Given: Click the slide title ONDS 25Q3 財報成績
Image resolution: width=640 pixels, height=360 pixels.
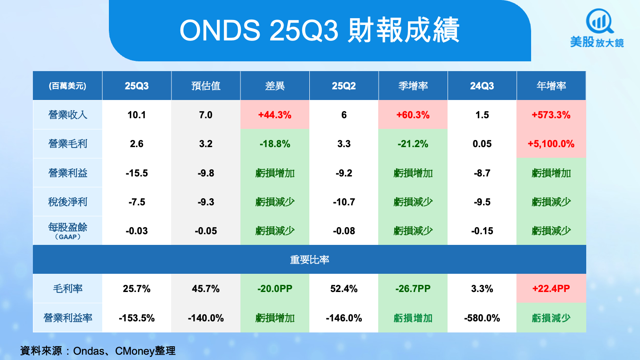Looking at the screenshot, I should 320,31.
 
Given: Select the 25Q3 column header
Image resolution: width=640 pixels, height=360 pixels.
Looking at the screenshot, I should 136,86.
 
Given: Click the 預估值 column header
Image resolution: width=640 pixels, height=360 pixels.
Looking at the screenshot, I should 206,86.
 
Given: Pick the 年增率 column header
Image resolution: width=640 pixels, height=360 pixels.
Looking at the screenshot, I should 551,86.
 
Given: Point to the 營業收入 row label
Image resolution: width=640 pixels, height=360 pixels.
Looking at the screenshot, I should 68,115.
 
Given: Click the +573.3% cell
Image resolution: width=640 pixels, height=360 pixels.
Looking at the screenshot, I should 551,115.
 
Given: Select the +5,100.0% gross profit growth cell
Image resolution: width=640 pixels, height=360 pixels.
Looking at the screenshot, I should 551,144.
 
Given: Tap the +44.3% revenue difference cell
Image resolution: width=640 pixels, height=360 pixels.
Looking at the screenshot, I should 275,115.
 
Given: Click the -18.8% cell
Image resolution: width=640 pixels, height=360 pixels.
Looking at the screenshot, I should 275,144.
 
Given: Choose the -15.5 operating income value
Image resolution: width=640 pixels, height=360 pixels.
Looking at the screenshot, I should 136,173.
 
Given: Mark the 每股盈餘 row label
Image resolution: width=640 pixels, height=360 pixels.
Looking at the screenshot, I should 68,228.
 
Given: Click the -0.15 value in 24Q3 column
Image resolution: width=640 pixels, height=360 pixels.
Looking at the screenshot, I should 482,231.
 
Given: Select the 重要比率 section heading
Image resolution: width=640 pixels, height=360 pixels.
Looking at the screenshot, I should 309,260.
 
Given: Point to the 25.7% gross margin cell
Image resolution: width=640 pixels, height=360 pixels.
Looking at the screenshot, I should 136,289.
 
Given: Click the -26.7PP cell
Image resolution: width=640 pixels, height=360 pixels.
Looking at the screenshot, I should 413,289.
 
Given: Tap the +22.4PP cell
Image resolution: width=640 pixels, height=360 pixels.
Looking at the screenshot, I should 551,289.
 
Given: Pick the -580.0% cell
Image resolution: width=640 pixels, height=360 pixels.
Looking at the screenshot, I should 482,318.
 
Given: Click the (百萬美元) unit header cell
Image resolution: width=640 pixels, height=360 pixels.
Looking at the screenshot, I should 68,86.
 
